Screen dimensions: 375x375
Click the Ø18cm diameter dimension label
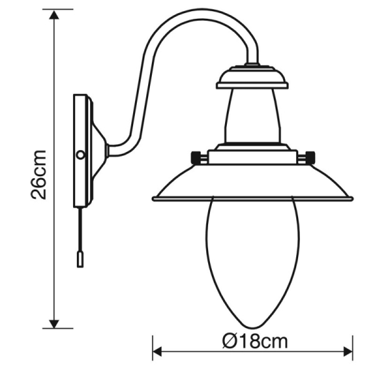(x=253, y=342)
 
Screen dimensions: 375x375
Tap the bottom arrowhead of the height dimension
(x=55, y=322)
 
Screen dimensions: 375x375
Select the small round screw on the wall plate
(x=79, y=153)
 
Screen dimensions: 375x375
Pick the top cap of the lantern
(x=252, y=77)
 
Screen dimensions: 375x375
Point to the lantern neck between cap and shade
(x=252, y=116)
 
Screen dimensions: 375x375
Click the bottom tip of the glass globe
(x=252, y=329)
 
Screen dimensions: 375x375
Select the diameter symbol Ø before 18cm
(x=229, y=342)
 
